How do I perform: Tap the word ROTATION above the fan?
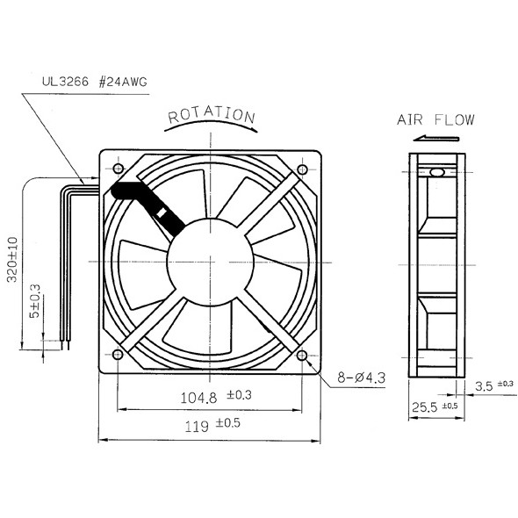[212, 116]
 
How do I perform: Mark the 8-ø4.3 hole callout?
[361, 378]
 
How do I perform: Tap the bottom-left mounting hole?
[117, 355]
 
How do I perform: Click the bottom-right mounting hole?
[303, 355]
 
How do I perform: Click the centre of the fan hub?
[211, 261]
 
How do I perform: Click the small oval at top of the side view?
[436, 172]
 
